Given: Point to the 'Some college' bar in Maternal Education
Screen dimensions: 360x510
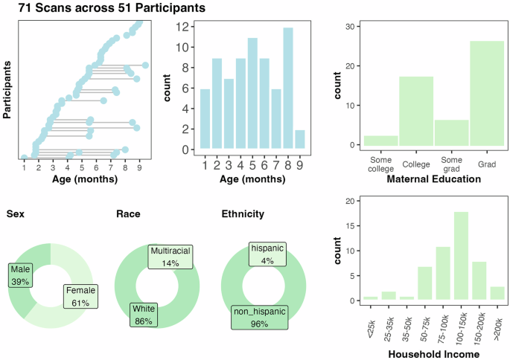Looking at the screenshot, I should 380,141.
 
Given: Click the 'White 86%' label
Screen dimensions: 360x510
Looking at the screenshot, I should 143,314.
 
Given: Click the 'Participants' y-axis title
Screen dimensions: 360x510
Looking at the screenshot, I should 7,90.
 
